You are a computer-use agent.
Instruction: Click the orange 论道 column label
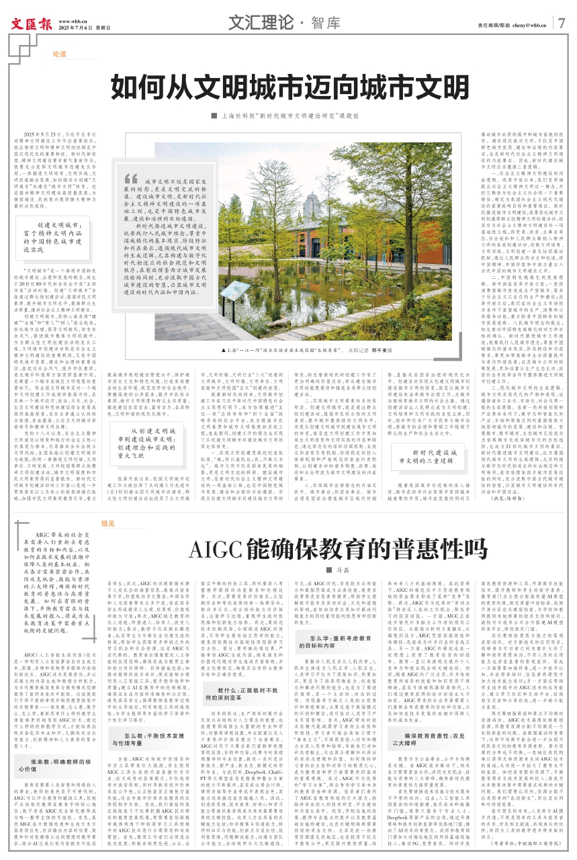58,54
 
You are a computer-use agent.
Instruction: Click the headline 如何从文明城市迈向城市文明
290,87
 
